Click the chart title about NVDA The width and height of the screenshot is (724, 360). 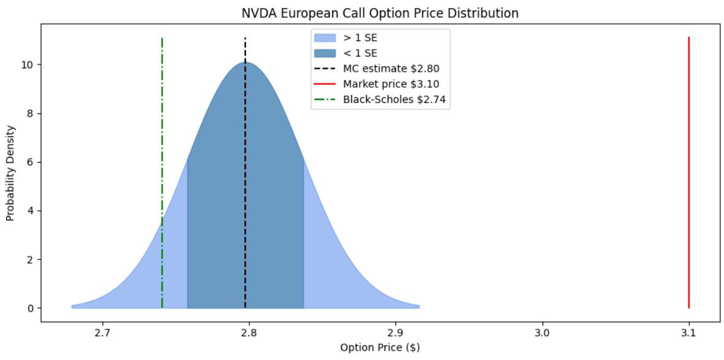pos(362,13)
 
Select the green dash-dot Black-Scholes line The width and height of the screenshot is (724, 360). pos(162,123)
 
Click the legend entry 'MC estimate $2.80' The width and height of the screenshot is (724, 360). pos(391,69)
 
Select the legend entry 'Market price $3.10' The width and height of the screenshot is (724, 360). pos(391,84)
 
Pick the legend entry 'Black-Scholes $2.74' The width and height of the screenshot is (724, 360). pos(395,99)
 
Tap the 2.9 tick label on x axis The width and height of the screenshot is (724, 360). pos(395,334)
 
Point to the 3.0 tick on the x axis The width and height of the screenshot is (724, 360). pos(543,334)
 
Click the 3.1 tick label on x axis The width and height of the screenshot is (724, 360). pos(689,334)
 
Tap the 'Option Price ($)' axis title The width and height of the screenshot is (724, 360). pos(380,348)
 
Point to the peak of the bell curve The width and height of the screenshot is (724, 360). pos(245,63)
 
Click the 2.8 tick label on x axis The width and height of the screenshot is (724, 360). pos(249,334)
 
